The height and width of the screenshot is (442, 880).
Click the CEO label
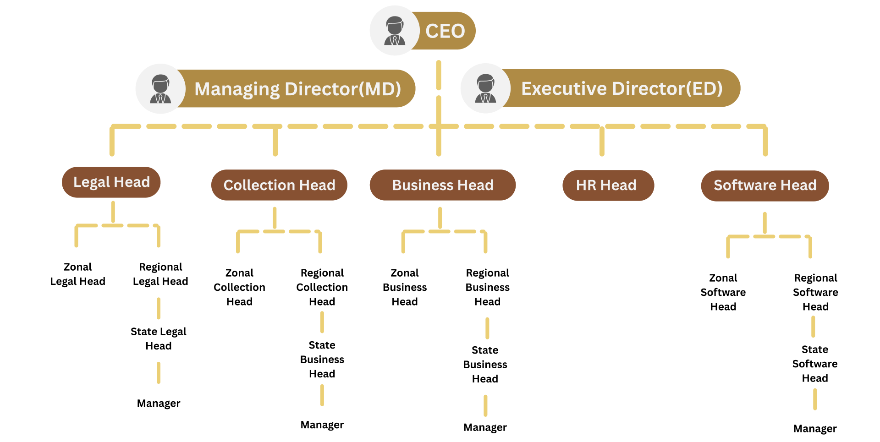point(445,31)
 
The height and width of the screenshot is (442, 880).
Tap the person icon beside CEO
point(394,31)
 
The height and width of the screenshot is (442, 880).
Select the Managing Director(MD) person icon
point(160,88)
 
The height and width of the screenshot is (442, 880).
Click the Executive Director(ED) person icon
point(485,88)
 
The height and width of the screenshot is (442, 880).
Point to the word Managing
point(236,89)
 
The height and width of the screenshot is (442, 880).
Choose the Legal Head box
point(111,182)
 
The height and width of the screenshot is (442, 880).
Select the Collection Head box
point(279,185)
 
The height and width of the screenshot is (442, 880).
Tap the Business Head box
point(442,185)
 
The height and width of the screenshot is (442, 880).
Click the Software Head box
point(764,185)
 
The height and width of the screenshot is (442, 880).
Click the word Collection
point(258,185)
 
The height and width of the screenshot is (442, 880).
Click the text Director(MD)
point(343,89)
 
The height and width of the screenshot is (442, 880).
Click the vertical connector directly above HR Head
point(602,141)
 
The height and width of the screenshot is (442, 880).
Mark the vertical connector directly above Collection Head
point(275,141)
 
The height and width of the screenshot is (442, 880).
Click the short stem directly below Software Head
point(764,223)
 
